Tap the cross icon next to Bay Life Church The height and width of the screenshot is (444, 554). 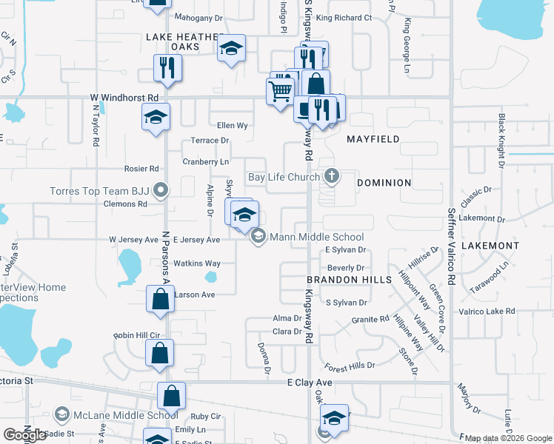coord(333,176)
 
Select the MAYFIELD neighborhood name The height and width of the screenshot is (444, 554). coord(374,138)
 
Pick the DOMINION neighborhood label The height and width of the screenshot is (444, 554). coord(384,182)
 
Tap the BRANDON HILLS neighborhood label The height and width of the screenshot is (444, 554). coord(349,280)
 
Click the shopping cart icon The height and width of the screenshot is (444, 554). coord(280,92)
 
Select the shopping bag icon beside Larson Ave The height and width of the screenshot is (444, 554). coord(160,300)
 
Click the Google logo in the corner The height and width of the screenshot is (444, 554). coord(24,435)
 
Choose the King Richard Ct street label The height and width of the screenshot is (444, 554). coord(343,18)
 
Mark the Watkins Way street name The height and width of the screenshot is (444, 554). coord(196,263)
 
